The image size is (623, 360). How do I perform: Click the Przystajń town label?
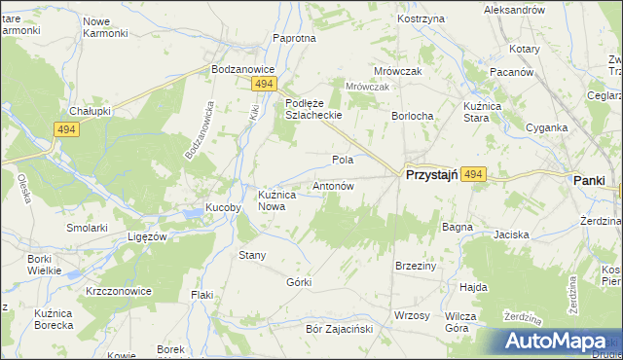[x=429, y=174]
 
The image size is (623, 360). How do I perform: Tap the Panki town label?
[x=589, y=180]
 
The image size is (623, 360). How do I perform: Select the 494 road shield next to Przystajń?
[x=473, y=174]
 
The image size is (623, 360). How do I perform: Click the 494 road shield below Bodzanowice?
[x=262, y=85]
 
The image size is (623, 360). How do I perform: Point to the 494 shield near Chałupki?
[x=66, y=129]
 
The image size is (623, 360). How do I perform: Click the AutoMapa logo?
[x=560, y=342]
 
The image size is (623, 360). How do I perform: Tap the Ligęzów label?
[x=149, y=236]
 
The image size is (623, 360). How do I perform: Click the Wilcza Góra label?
[x=460, y=322]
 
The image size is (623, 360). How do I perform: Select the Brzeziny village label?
[x=414, y=265]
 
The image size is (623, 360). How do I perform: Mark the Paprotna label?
[x=295, y=38]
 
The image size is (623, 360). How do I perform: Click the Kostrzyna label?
[x=421, y=19]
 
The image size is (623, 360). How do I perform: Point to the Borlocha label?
[x=412, y=116]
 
